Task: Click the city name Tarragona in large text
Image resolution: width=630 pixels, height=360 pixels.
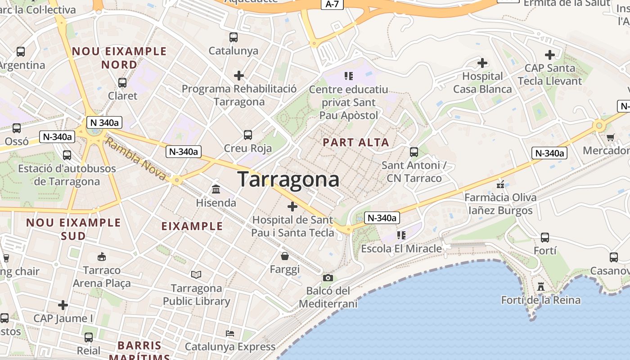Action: [288, 179]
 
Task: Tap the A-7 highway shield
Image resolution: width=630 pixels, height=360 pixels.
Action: [332, 4]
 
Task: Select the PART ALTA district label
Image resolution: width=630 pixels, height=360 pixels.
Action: [356, 143]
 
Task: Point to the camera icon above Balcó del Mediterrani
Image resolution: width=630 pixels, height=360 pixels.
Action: [328, 278]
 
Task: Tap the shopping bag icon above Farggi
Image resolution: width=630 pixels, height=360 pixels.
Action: [285, 256]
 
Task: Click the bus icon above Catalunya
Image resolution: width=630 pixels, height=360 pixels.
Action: [233, 37]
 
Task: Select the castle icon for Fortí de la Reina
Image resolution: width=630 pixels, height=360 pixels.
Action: [541, 287]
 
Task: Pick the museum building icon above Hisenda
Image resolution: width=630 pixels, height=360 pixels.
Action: [216, 189]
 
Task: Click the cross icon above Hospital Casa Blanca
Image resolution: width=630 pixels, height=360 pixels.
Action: [482, 63]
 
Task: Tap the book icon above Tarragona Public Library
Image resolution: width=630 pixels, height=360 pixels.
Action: [196, 274]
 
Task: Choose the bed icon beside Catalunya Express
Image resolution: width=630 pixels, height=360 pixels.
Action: [230, 333]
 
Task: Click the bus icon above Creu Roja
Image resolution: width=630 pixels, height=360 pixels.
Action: [247, 135]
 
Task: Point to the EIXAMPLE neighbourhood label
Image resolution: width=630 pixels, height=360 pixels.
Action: [192, 226]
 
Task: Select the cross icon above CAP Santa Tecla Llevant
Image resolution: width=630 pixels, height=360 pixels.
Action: [549, 55]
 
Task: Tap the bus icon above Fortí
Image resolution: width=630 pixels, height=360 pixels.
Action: [544, 237]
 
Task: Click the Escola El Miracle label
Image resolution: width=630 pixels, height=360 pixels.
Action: [401, 248]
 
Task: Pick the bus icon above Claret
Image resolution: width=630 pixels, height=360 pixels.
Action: [122, 83]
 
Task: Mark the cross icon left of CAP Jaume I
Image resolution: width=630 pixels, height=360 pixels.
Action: [63, 305]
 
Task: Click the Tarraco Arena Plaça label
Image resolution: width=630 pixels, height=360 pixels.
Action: [102, 277]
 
